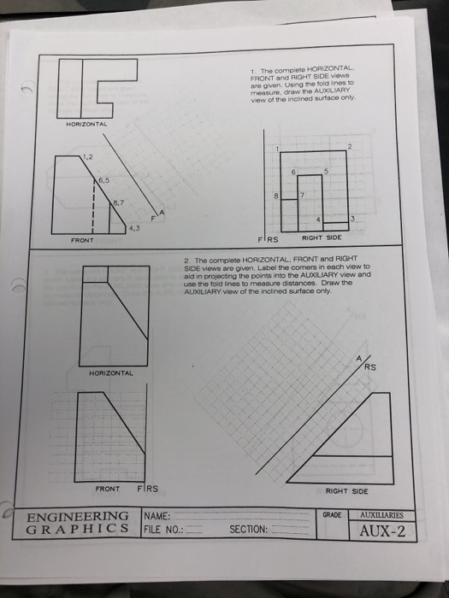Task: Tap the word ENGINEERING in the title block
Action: [x=79, y=517]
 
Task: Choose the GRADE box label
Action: [x=332, y=515]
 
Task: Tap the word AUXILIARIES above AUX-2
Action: [x=388, y=516]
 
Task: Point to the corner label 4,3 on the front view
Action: [x=134, y=226]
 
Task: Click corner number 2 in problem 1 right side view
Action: [x=351, y=148]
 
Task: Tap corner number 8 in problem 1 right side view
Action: [x=276, y=196]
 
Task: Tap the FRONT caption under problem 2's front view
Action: [x=108, y=490]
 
